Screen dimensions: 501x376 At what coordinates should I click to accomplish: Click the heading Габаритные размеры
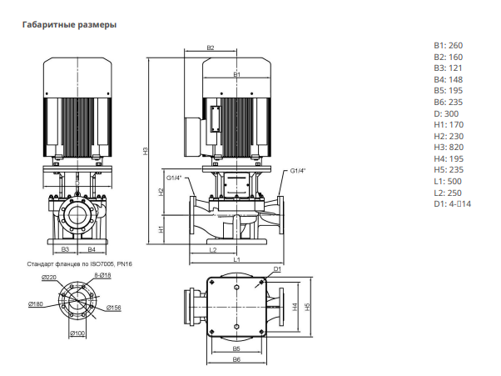point(69,25)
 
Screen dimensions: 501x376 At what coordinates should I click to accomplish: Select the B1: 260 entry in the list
point(449,46)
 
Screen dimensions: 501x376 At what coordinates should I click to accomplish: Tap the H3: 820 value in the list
point(449,148)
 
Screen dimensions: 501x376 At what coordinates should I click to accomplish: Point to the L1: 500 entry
point(448,182)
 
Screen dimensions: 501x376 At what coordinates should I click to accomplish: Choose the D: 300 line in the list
point(446,113)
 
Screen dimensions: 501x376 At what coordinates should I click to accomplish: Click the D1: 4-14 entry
point(452,203)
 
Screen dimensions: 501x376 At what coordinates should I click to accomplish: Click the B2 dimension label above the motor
point(211,48)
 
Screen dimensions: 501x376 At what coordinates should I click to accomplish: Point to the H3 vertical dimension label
point(146,151)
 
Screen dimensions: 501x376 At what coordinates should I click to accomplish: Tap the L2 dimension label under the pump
point(213,250)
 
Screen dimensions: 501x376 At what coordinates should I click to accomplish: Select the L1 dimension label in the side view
point(236,259)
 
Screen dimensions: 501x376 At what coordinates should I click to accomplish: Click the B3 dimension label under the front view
point(65,249)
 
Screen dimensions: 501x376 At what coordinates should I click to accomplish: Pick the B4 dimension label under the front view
point(92,249)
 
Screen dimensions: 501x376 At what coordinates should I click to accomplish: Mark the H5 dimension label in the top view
point(307,307)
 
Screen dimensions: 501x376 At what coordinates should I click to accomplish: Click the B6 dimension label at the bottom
point(236,359)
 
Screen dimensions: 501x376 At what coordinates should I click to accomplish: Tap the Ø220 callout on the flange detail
point(48,278)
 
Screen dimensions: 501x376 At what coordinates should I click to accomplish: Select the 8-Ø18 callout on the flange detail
point(102,275)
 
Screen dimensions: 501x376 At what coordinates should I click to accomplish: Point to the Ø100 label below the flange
point(77,333)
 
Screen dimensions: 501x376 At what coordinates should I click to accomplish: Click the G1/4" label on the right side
point(298,171)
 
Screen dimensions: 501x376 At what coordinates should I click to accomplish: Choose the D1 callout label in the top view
point(277,269)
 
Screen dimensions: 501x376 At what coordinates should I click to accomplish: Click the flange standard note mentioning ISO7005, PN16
point(80,264)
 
